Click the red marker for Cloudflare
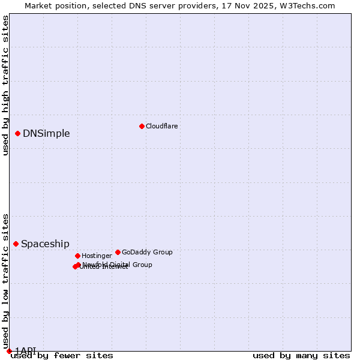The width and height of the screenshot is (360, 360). pyautogui.click(x=142, y=126)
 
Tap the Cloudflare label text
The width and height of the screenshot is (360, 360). pyautogui.click(x=162, y=126)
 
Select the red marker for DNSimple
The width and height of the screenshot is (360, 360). pyautogui.click(x=18, y=133)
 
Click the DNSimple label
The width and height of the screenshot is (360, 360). pyautogui.click(x=46, y=133)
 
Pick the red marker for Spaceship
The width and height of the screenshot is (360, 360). pyautogui.click(x=16, y=244)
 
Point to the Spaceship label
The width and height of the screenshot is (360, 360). pyautogui.click(x=45, y=244)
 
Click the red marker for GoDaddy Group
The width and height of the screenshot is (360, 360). pyautogui.click(x=118, y=252)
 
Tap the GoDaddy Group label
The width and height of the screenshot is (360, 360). pyautogui.click(x=147, y=252)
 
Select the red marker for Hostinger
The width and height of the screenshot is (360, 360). pyautogui.click(x=77, y=256)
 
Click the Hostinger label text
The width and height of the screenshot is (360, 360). pyautogui.click(x=97, y=256)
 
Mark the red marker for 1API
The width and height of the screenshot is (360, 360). pyautogui.click(x=9, y=351)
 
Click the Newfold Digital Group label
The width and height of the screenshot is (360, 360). pyautogui.click(x=118, y=265)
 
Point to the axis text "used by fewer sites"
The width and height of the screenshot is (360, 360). pyautogui.click(x=62, y=355)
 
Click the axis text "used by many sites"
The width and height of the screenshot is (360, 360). pyautogui.click(x=301, y=355)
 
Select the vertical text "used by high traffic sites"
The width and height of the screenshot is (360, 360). pyautogui.click(x=6, y=85)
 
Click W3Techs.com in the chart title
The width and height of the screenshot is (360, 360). pyautogui.click(x=305, y=5)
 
